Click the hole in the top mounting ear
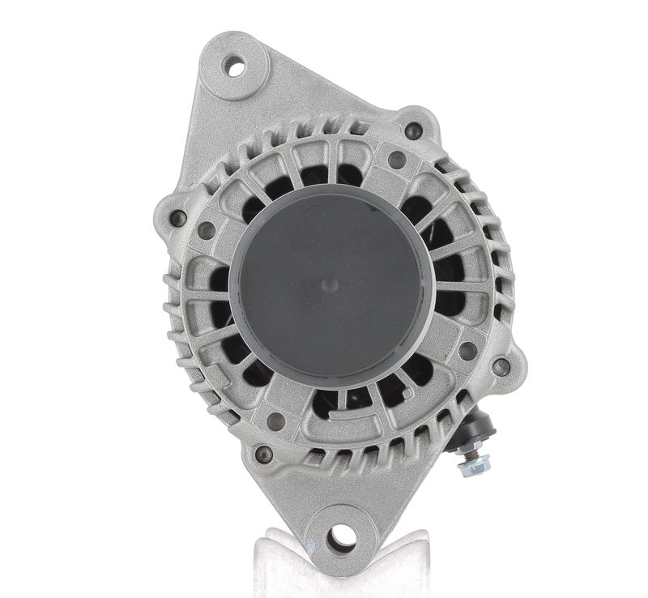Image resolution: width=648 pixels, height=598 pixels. coord(236,67)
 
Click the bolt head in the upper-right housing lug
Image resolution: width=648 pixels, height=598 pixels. coord(413,128)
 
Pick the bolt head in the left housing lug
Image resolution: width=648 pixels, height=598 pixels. coord(178,217)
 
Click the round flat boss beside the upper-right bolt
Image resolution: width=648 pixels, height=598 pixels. coord(396,160)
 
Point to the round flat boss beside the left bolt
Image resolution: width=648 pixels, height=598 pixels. coord(207,230)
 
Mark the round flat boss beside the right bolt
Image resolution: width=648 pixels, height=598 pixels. coord(468,351)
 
